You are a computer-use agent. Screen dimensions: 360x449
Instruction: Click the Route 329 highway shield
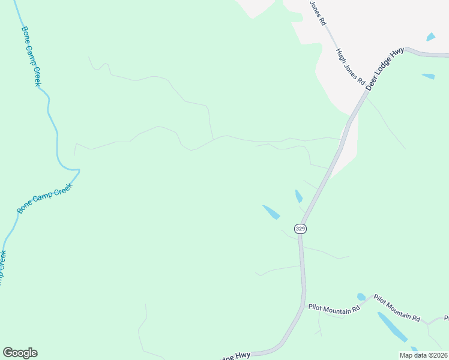coord(300,229)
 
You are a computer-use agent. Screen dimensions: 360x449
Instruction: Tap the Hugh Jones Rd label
coord(351,65)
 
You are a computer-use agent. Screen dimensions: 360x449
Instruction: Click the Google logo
coord(20,353)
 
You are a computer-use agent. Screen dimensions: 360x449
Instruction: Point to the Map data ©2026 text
coord(423,355)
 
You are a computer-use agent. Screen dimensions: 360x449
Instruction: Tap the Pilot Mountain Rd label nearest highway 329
coord(334,308)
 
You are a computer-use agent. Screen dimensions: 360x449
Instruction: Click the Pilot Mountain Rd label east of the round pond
coord(397,308)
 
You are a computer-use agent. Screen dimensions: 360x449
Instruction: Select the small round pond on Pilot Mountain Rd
coord(361,296)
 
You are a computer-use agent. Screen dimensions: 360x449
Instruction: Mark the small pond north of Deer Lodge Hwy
coord(430,37)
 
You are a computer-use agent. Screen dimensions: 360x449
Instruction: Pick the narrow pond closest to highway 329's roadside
coord(298,196)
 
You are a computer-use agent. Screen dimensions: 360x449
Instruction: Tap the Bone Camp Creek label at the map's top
coord(30,56)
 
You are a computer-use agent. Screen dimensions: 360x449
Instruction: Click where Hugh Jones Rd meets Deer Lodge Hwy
coord(364,92)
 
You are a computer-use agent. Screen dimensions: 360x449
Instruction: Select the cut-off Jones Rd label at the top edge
coord(318,12)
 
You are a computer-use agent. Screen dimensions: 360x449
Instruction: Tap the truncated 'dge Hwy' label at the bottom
coord(235,355)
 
